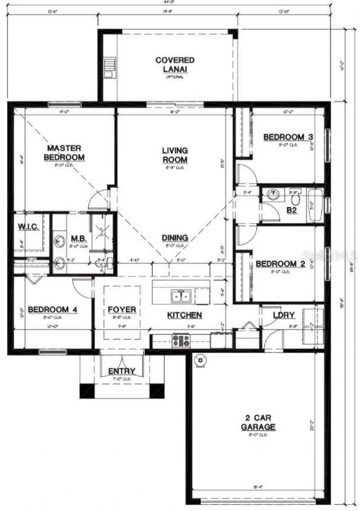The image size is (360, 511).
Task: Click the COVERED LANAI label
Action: (x=175, y=64)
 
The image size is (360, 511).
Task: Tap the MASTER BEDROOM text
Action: (x=65, y=153)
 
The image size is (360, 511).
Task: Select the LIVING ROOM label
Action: (x=175, y=155)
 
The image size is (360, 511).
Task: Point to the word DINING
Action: (x=175, y=238)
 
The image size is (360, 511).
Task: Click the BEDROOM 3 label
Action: (x=288, y=137)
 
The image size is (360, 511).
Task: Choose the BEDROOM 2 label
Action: (x=280, y=264)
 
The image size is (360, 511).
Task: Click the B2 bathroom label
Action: (x=292, y=210)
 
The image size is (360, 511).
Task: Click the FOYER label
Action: (x=123, y=310)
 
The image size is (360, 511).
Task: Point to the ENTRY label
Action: (x=121, y=371)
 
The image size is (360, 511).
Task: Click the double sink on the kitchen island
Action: (x=182, y=295)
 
